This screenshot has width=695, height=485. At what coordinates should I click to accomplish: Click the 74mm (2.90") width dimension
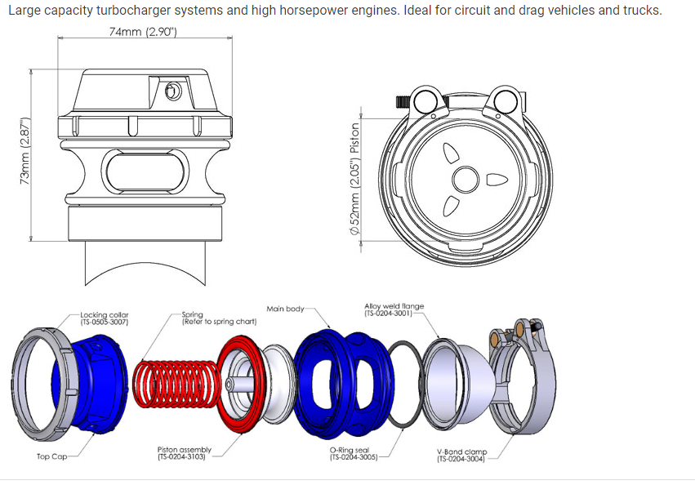pyautogui.click(x=144, y=32)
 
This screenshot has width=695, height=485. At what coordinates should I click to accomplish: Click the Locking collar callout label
pyautogui.click(x=105, y=318)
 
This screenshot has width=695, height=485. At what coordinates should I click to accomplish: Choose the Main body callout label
pyautogui.click(x=285, y=309)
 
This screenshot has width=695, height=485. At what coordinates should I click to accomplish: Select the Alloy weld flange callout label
pyautogui.click(x=394, y=309)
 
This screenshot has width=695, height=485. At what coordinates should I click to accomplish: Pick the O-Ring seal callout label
pyautogui.click(x=353, y=453)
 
